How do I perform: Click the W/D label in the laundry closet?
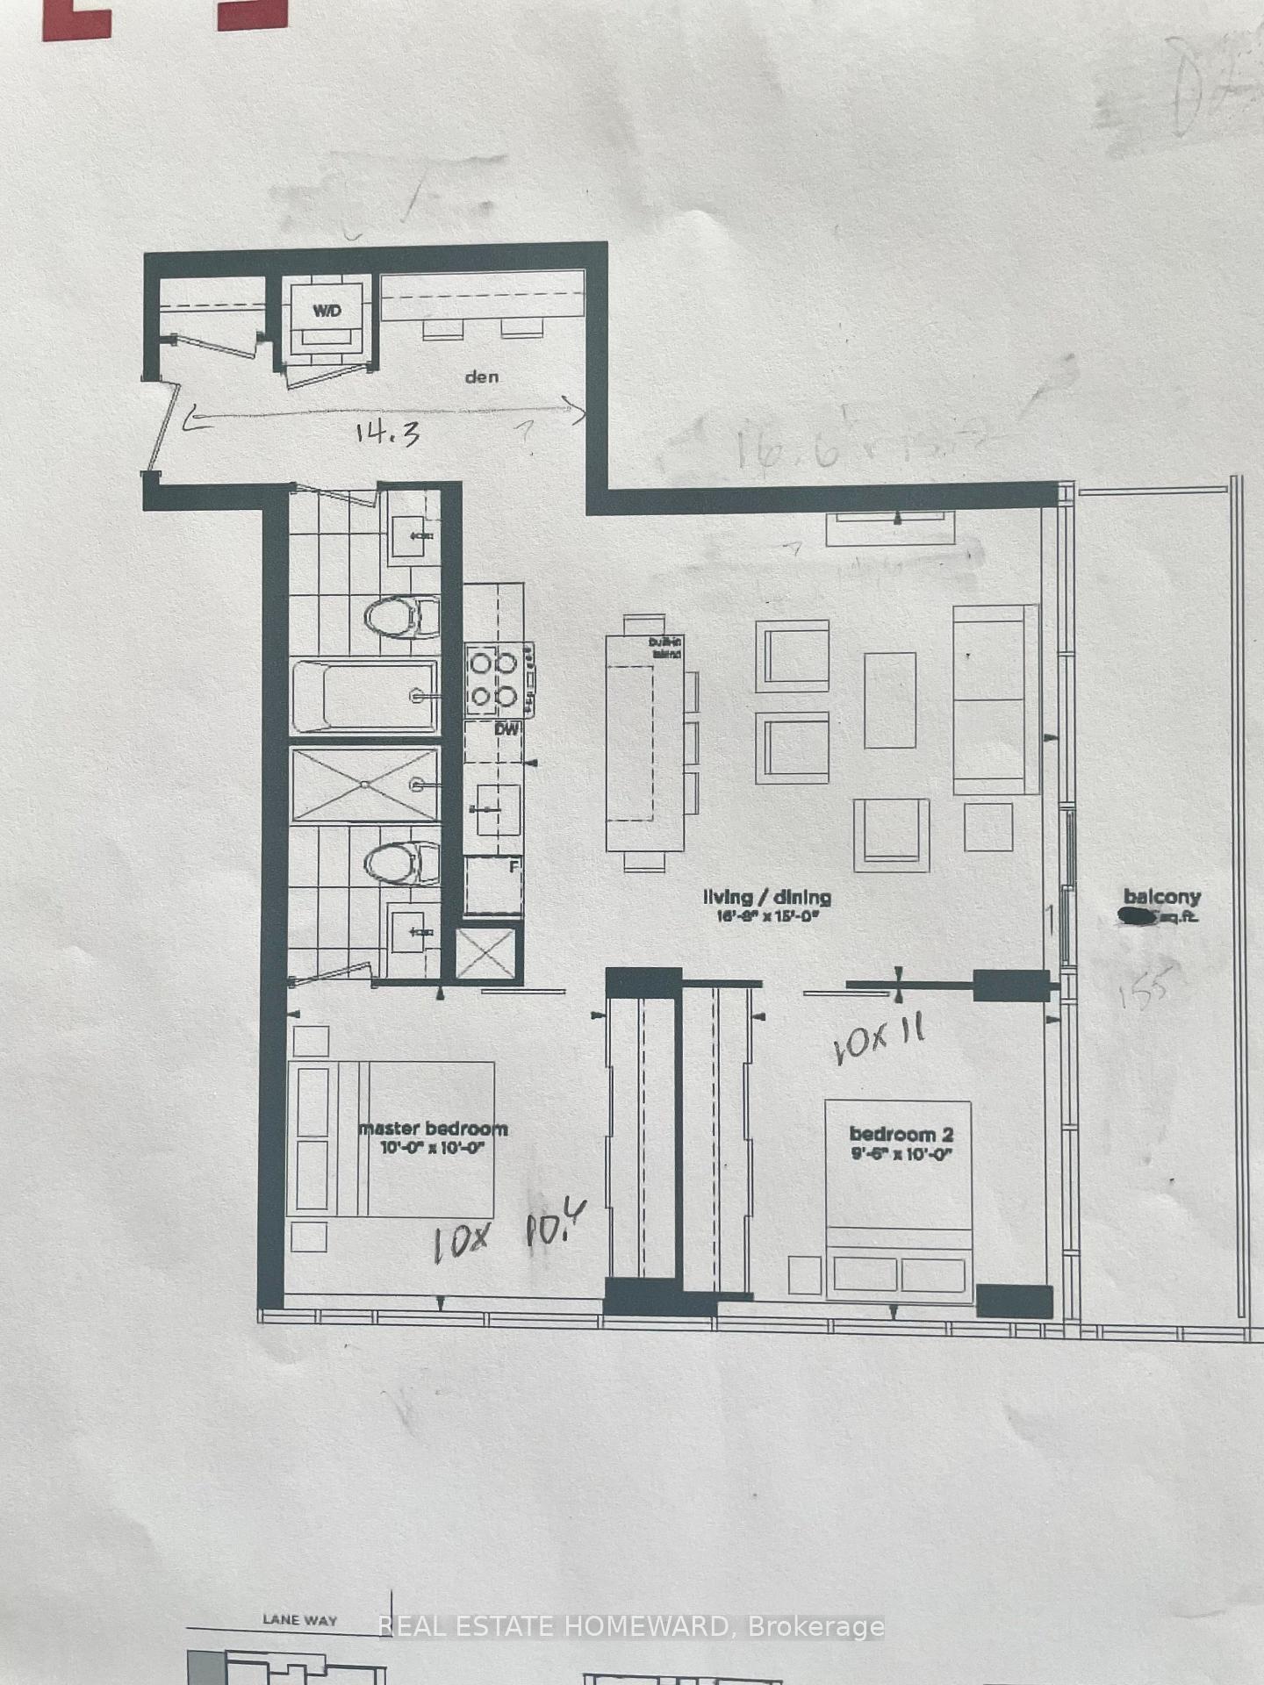pyautogui.click(x=327, y=311)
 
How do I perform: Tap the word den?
pyautogui.click(x=482, y=376)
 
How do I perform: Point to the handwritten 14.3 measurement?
pyautogui.click(x=387, y=433)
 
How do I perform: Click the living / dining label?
pyautogui.click(x=767, y=897)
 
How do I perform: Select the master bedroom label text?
pyautogui.click(x=433, y=1129)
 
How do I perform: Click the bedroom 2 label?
pyautogui.click(x=901, y=1135)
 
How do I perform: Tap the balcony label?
pyautogui.click(x=1161, y=897)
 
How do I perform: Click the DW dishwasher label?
pyautogui.click(x=506, y=729)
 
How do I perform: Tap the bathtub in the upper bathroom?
pyautogui.click(x=365, y=696)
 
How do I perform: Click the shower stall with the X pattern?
pyautogui.click(x=365, y=785)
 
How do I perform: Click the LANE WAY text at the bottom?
pyautogui.click(x=299, y=1620)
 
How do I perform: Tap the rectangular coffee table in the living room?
pyautogui.click(x=889, y=700)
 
